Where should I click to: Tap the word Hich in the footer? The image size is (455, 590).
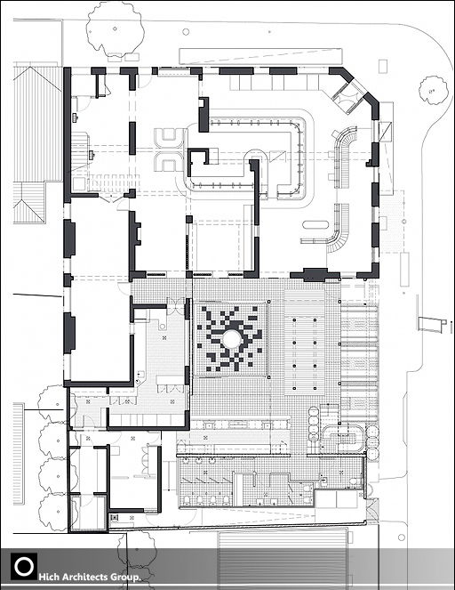(x=48, y=577)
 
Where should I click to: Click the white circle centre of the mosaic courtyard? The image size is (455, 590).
(x=231, y=339)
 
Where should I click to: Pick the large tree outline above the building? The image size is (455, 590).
(x=115, y=29)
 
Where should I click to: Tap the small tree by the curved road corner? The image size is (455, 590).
(x=434, y=90)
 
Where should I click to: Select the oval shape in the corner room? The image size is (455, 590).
(x=315, y=225)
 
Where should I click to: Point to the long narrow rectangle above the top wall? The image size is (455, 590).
(x=260, y=56)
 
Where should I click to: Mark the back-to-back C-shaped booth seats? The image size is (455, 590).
(x=170, y=150)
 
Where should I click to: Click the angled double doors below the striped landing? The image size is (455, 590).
(x=112, y=198)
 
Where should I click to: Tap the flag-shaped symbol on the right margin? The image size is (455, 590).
(x=432, y=324)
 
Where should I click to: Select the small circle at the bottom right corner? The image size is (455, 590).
(x=402, y=537)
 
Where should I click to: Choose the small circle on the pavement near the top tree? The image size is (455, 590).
(x=186, y=32)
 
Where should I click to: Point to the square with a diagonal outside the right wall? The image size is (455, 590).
(x=386, y=131)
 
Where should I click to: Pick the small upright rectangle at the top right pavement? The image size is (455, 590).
(x=382, y=66)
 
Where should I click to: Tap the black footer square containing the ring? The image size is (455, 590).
(x=24, y=566)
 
